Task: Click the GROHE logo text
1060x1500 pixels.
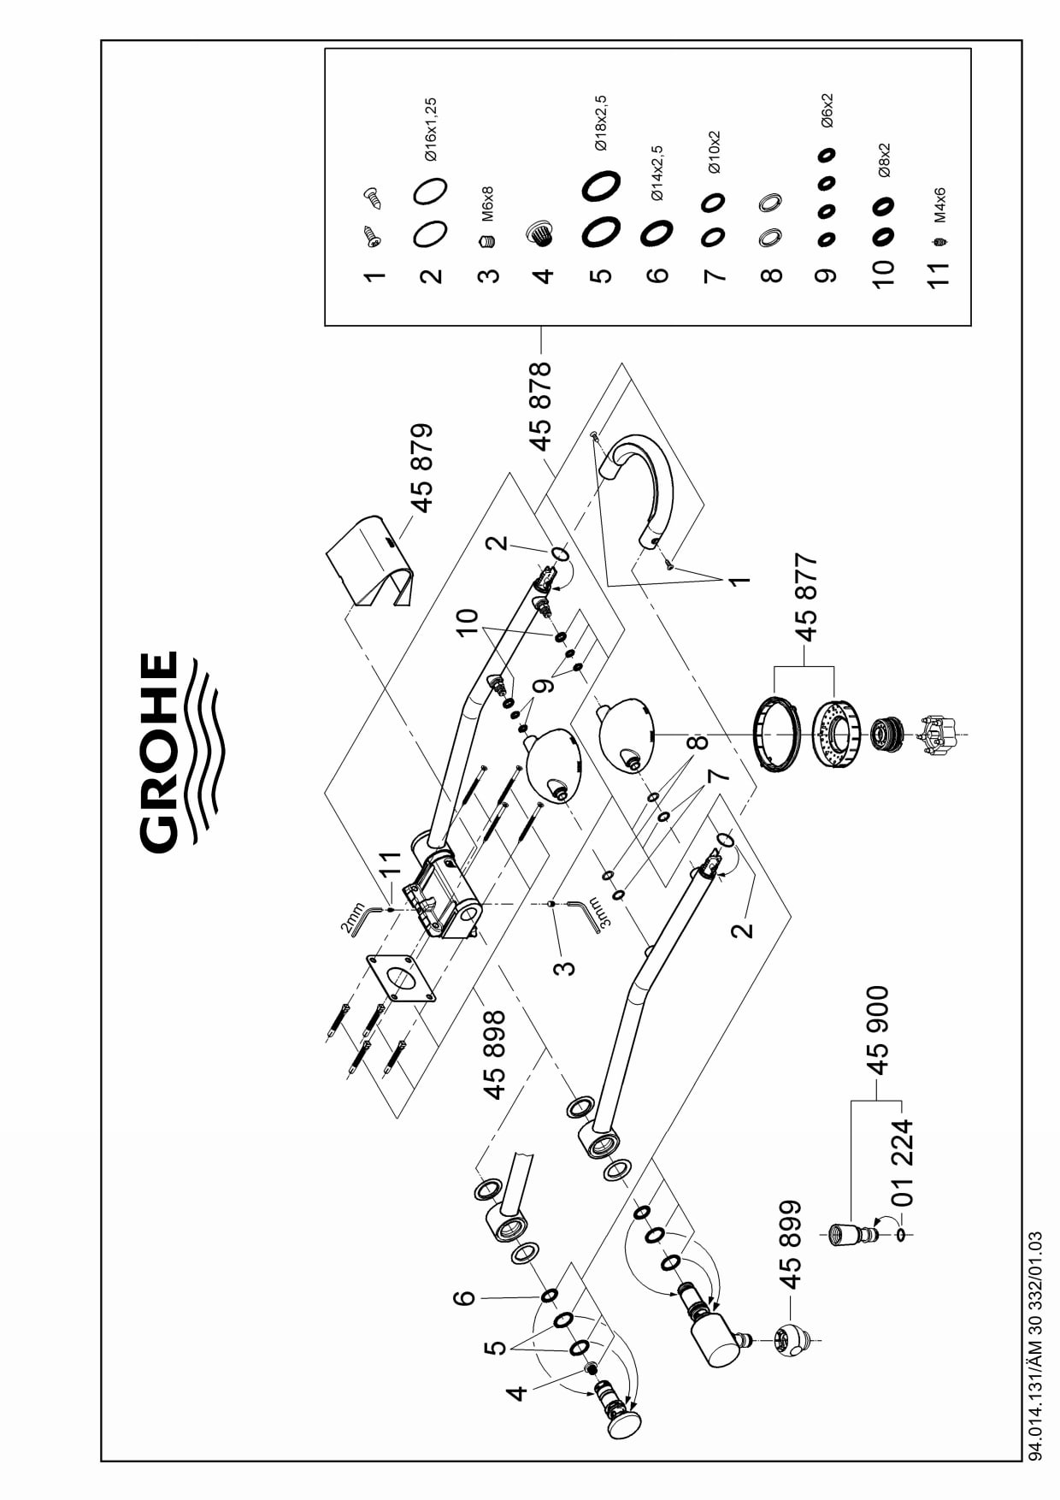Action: point(160,753)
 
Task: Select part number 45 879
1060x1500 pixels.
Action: point(421,467)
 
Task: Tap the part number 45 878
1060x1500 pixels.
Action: point(540,405)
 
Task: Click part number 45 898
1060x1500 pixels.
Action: point(494,1054)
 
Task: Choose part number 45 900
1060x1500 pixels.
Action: point(877,1029)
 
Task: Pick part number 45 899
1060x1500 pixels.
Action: point(792,1243)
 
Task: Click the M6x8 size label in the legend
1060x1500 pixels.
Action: point(487,205)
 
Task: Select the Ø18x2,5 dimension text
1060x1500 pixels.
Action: point(600,123)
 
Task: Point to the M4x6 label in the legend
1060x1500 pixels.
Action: point(939,205)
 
